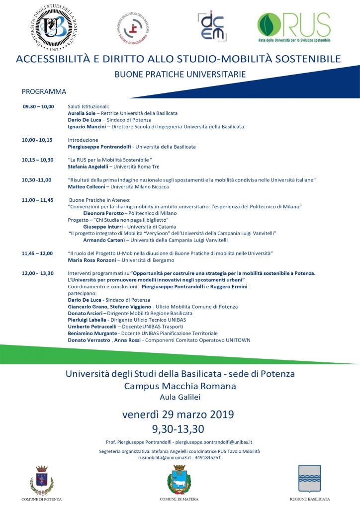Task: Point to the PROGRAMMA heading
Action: pos(44,91)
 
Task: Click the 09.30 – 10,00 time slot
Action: pos(38,106)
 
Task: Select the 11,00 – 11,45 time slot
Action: pos(37,199)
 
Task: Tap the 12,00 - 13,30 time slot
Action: pos(38,273)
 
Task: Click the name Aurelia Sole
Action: pos(81,113)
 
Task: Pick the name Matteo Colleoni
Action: pos(86,187)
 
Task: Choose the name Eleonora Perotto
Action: pos(103,213)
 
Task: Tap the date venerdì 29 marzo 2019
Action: pos(179,415)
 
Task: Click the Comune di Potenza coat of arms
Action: pos(41,481)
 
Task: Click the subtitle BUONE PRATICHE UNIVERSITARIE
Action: pos(180,75)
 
